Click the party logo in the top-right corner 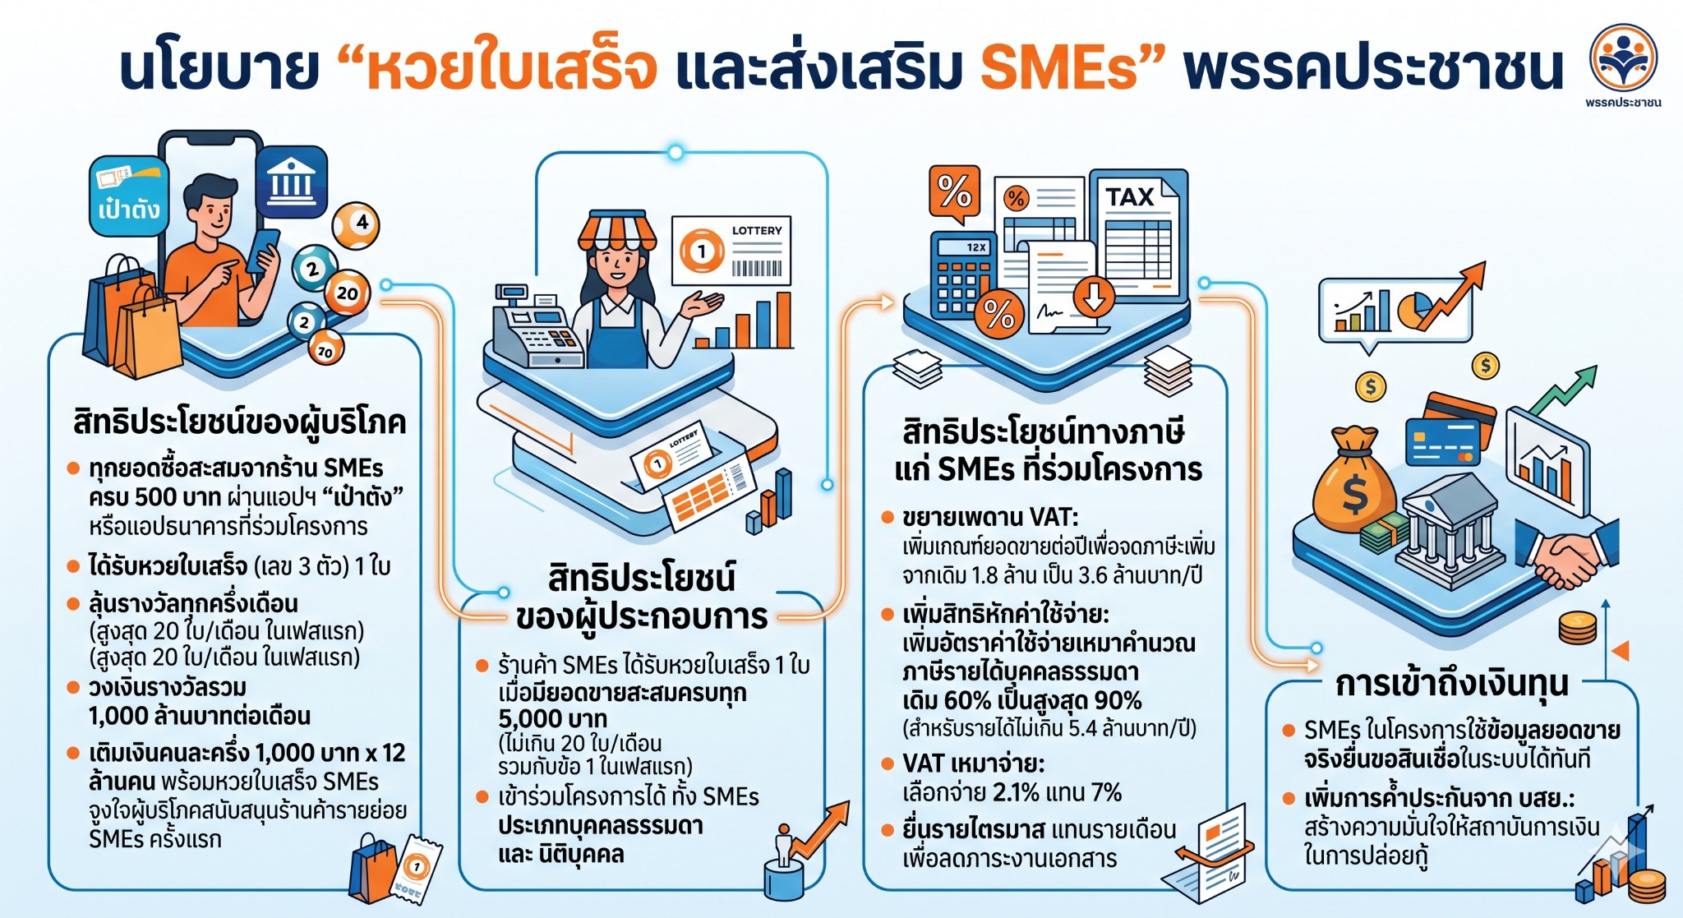click(x=1623, y=58)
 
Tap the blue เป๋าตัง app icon click(x=128, y=196)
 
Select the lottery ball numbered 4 click(x=356, y=224)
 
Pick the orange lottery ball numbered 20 click(x=347, y=293)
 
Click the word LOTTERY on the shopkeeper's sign click(x=757, y=231)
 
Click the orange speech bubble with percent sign click(x=954, y=194)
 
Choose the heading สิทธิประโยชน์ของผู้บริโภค click(x=239, y=422)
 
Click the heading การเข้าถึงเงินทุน click(x=1451, y=684)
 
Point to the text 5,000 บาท click(x=552, y=719)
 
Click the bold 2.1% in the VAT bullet click(x=1022, y=793)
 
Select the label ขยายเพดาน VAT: click(x=990, y=517)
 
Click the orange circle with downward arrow click(x=1093, y=298)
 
